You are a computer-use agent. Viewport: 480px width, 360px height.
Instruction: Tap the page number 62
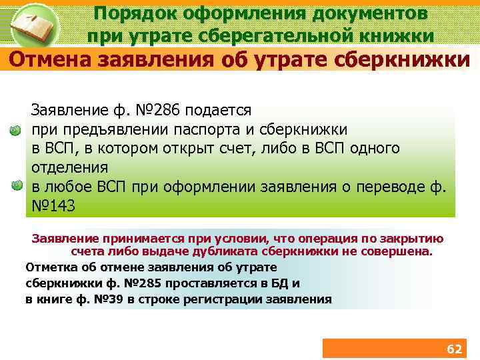point(453,349)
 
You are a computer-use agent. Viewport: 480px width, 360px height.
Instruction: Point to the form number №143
point(53,206)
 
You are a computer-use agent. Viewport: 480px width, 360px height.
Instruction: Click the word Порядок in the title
point(129,13)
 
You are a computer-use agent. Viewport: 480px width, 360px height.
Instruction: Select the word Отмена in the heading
point(51,60)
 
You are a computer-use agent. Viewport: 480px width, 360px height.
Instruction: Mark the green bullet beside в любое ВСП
point(17,187)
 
